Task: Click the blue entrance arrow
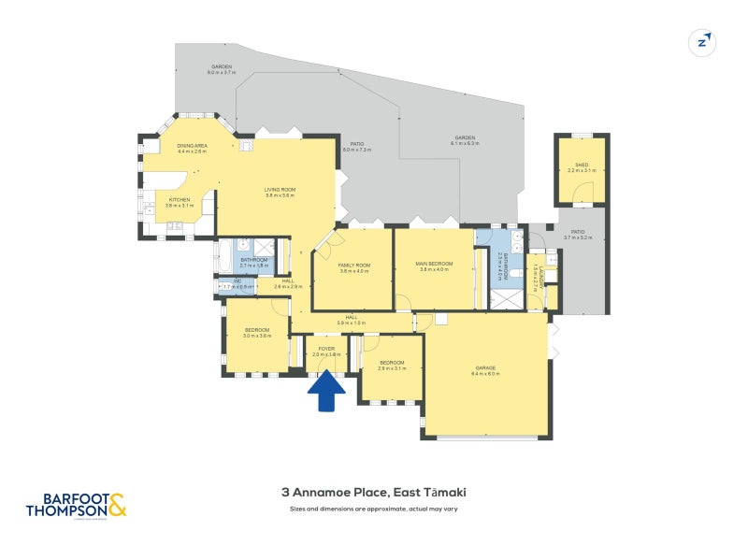click(325, 391)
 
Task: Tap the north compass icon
click(701, 42)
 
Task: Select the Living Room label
click(280, 193)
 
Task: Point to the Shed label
click(581, 168)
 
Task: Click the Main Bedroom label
click(434, 266)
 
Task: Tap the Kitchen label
click(180, 202)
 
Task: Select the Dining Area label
click(192, 149)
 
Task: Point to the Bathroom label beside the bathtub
click(254, 262)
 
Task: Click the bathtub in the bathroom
click(226, 254)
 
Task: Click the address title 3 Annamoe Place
click(373, 492)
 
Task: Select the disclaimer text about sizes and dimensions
click(373, 509)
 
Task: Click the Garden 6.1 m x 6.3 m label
click(465, 140)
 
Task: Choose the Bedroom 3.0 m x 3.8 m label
click(257, 332)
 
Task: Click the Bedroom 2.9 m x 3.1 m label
click(392, 365)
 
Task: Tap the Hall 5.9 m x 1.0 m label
click(352, 321)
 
